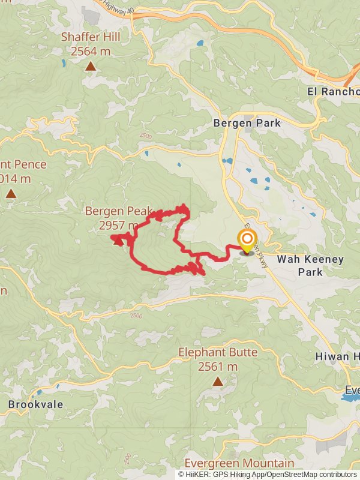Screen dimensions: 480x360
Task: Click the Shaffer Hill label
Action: click(x=91, y=37)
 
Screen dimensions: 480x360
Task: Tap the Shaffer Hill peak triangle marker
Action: click(x=90, y=66)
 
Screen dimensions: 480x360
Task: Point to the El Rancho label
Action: click(x=334, y=92)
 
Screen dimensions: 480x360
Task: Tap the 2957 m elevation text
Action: click(x=119, y=225)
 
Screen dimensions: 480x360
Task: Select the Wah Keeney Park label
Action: click(x=310, y=265)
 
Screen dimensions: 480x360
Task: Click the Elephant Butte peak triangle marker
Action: click(x=217, y=382)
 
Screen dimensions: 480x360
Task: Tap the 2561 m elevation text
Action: click(x=218, y=367)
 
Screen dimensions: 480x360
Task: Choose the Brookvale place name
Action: click(x=36, y=404)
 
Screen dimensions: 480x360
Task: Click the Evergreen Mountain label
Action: click(x=239, y=463)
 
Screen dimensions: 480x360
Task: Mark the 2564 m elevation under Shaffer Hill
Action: click(x=91, y=51)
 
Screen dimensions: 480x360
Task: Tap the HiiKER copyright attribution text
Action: click(x=267, y=474)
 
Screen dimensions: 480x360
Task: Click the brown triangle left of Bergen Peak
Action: click(x=11, y=193)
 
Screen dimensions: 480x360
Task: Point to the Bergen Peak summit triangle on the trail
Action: click(x=117, y=241)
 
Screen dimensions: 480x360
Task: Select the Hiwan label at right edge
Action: click(x=337, y=356)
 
